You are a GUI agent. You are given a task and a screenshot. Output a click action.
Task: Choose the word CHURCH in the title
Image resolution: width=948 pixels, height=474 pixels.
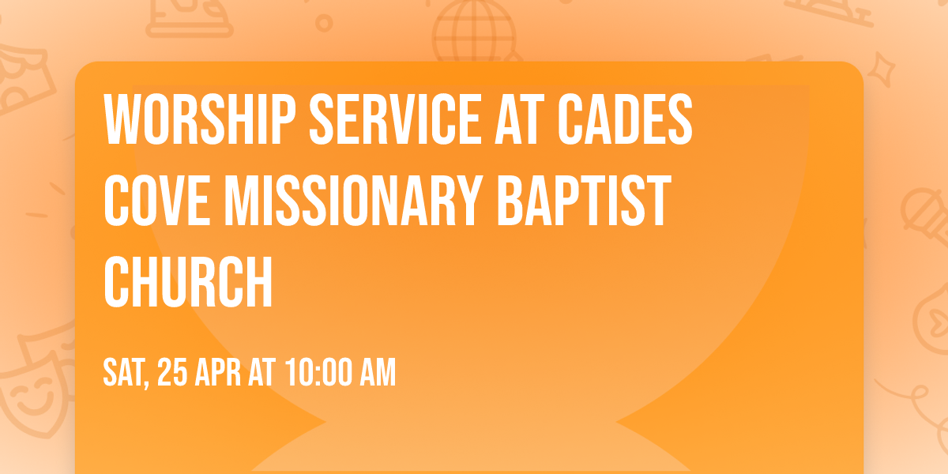click(188, 282)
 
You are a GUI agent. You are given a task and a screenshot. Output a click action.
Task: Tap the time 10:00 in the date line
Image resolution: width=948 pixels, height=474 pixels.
click(316, 373)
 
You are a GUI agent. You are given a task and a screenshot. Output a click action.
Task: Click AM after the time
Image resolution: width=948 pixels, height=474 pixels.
click(377, 373)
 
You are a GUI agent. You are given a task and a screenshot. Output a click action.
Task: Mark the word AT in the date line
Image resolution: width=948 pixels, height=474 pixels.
click(261, 373)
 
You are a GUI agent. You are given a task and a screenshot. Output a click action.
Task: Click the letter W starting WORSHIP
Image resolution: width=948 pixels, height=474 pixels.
click(122, 118)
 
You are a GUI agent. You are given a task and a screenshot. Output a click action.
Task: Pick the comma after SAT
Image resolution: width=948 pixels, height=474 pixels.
click(148, 384)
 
